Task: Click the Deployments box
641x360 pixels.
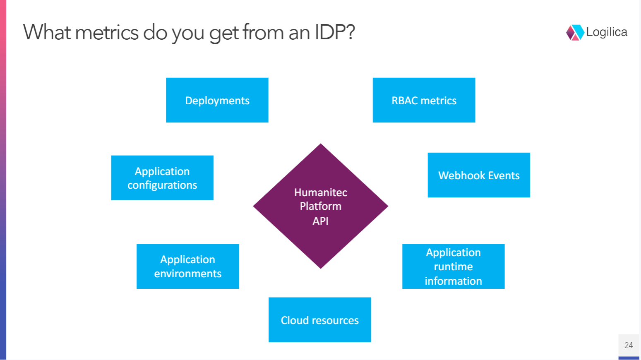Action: click(x=217, y=100)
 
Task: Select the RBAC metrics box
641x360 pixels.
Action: click(x=424, y=100)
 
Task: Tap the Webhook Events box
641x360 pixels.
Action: click(x=479, y=175)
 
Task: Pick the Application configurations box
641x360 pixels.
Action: click(x=162, y=178)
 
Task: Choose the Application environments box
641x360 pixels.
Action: click(x=187, y=266)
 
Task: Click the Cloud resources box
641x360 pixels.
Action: click(x=319, y=320)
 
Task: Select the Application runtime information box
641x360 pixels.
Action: click(x=453, y=266)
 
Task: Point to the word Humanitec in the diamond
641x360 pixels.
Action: click(x=321, y=192)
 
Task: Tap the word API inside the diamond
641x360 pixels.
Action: click(x=321, y=221)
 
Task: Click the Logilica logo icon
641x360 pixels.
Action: click(x=575, y=32)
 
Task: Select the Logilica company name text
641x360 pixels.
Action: click(x=607, y=32)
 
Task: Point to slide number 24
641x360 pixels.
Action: click(x=629, y=345)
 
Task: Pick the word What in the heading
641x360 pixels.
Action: click(x=47, y=32)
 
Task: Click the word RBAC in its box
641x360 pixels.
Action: click(x=405, y=101)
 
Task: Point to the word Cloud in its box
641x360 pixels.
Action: click(x=295, y=320)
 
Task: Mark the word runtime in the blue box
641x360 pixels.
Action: click(x=453, y=266)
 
